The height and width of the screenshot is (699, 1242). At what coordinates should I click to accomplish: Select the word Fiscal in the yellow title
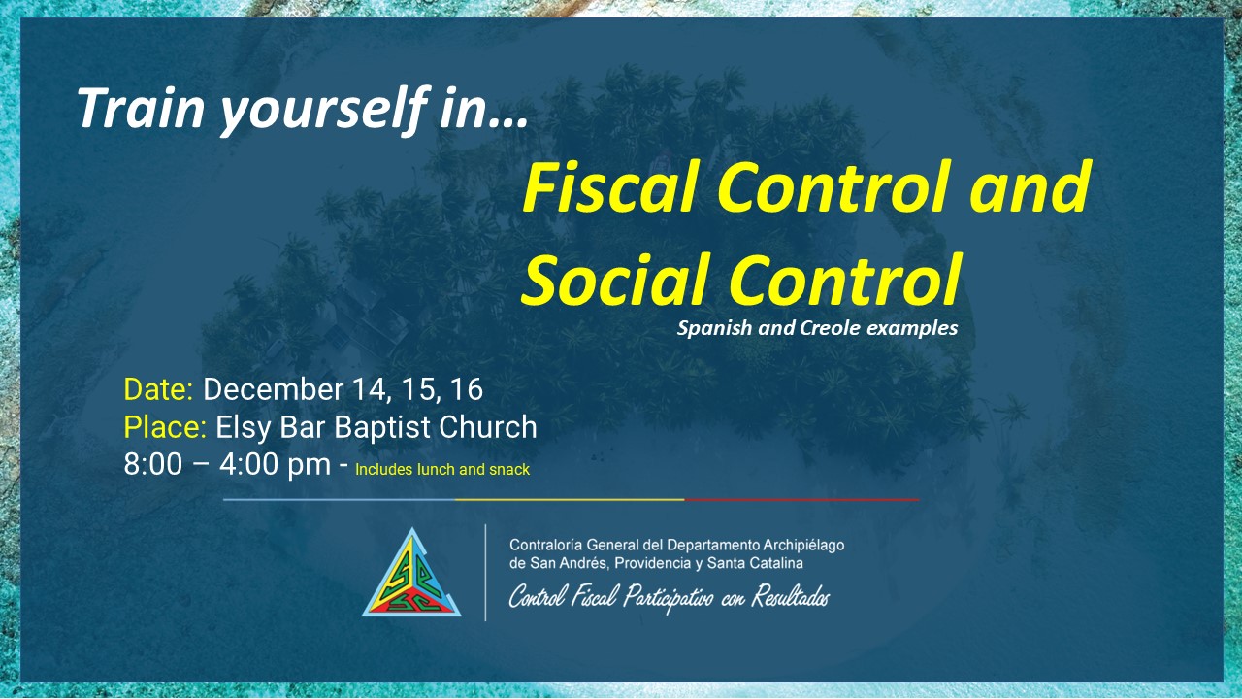tap(609, 187)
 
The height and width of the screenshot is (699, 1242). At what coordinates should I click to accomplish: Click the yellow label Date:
tap(158, 389)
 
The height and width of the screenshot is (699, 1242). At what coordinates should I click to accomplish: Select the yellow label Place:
tap(165, 426)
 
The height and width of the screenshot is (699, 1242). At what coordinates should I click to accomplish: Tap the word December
tap(274, 389)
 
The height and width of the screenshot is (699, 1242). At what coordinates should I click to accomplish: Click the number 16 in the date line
tap(467, 389)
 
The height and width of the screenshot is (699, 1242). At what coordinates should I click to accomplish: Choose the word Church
tap(488, 426)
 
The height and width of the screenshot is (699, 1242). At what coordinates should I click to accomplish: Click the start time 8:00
tap(153, 464)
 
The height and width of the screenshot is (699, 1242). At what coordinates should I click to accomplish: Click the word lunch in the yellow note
tap(436, 469)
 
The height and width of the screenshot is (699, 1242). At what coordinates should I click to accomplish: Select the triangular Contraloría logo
tap(411, 574)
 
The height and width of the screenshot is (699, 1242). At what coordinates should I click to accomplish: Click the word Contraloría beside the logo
tap(545, 545)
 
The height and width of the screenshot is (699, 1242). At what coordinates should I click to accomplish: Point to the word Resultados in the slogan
tap(791, 597)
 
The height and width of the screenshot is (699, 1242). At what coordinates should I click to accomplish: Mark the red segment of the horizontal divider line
tap(801, 500)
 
